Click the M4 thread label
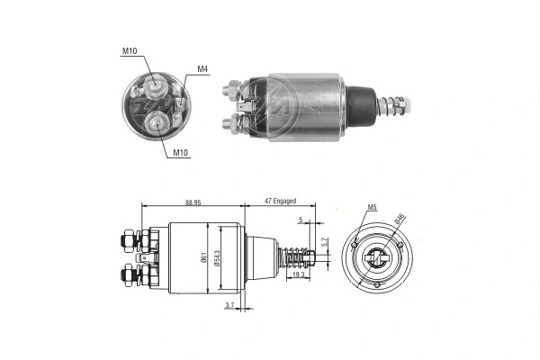[x=202, y=68]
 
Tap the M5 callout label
[x=372, y=209]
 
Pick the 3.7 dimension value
[x=229, y=306]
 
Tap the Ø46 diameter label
[x=398, y=219]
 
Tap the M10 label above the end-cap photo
[x=130, y=50]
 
